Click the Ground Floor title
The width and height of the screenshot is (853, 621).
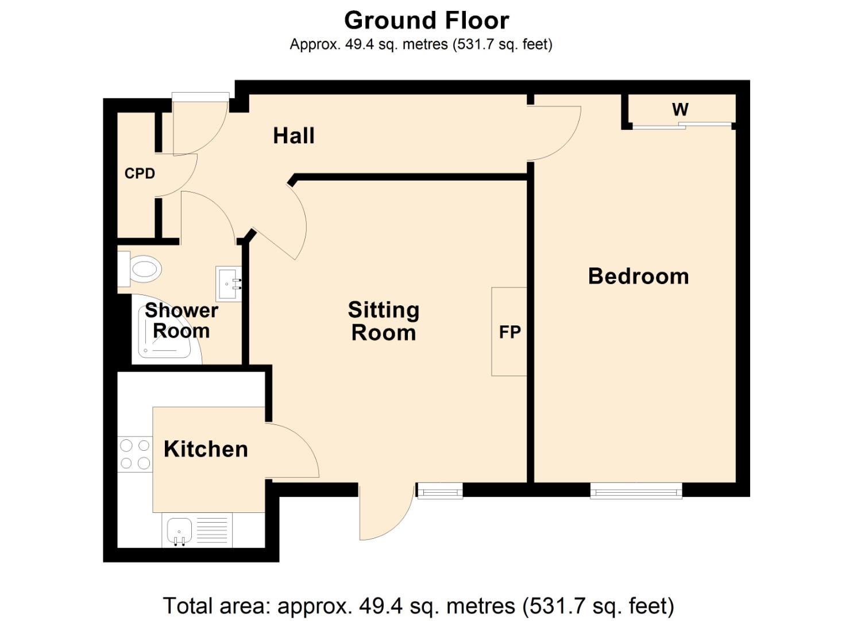click(426, 21)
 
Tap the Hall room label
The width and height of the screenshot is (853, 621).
click(294, 136)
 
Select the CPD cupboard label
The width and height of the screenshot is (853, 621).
click(140, 173)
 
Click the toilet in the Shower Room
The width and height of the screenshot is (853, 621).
click(140, 269)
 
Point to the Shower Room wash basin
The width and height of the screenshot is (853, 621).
click(228, 283)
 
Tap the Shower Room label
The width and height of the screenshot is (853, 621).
click(181, 320)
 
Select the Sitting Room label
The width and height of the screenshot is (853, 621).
click(383, 321)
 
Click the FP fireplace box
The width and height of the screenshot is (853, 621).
click(510, 332)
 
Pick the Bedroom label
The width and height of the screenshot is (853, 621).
click(638, 277)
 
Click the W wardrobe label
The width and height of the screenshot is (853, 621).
click(680, 109)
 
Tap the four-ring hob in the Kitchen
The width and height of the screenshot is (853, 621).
click(135, 454)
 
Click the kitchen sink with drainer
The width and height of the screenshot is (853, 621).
click(198, 530)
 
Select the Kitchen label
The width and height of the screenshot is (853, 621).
click(206, 449)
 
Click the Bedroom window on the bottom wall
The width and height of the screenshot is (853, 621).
click(636, 490)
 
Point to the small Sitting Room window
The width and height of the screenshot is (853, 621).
click(439, 490)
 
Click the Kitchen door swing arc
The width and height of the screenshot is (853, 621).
click(296, 451)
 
